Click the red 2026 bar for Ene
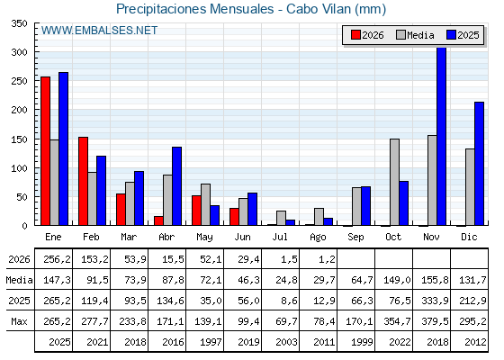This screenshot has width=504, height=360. click(x=45, y=151)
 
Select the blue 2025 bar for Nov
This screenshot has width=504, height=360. click(x=441, y=136)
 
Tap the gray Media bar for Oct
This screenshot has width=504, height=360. click(x=394, y=182)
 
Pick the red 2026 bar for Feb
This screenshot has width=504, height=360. click(x=83, y=181)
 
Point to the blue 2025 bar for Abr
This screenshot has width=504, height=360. click(x=176, y=186)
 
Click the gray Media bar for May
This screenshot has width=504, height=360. click(x=205, y=204)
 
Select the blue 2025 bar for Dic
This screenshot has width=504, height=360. click(x=479, y=164)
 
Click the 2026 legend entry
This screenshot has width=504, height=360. click(x=367, y=35)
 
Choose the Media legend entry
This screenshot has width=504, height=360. click(x=415, y=35)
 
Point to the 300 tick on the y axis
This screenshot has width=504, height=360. click(x=36, y=51)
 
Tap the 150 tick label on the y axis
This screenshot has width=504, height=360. click(x=19, y=139)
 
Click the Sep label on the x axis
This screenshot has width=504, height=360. click(x=355, y=237)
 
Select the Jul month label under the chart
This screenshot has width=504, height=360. click(x=280, y=237)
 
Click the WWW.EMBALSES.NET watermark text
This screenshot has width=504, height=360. click(x=99, y=31)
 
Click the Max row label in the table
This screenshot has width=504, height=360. click(x=19, y=321)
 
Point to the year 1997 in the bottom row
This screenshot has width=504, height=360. click(x=211, y=342)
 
